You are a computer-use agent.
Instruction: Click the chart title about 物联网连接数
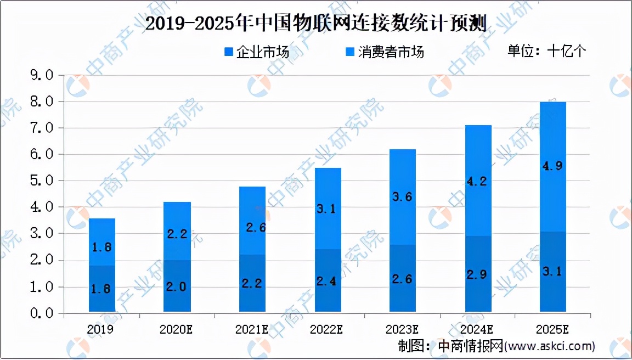click(315, 25)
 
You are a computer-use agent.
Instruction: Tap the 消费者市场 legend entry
click(384, 52)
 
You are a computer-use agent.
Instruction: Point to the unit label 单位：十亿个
click(546, 51)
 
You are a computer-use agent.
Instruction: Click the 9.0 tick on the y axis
click(42, 75)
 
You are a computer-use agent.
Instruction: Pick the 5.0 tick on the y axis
click(42, 181)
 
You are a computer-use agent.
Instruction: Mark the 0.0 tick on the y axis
click(42, 313)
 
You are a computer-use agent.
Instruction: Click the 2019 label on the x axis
click(102, 329)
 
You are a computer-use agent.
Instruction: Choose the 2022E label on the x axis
click(328, 329)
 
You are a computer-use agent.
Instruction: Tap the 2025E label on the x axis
click(553, 329)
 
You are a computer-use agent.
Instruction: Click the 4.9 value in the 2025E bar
click(553, 166)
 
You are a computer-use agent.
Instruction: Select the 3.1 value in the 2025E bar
click(553, 272)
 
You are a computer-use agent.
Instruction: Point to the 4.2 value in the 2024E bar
click(478, 181)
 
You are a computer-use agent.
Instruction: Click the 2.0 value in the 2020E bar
click(177, 286)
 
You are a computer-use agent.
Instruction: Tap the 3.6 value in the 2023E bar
click(403, 196)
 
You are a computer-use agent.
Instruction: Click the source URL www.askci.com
click(549, 346)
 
